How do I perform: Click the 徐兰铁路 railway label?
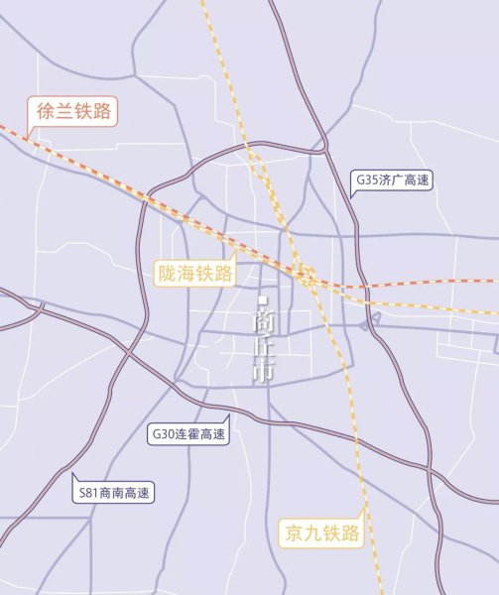pos(72,111)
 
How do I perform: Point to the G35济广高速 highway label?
pos(394,181)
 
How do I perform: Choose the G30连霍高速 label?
pos(187,434)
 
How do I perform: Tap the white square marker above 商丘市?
pos(263,299)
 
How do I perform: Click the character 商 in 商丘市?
pos(263,321)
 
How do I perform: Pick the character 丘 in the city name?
pos(263,347)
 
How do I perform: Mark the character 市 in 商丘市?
pos(263,373)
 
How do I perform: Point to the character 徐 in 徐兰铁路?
pos(43,111)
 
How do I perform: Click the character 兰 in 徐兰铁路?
pos(62,111)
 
